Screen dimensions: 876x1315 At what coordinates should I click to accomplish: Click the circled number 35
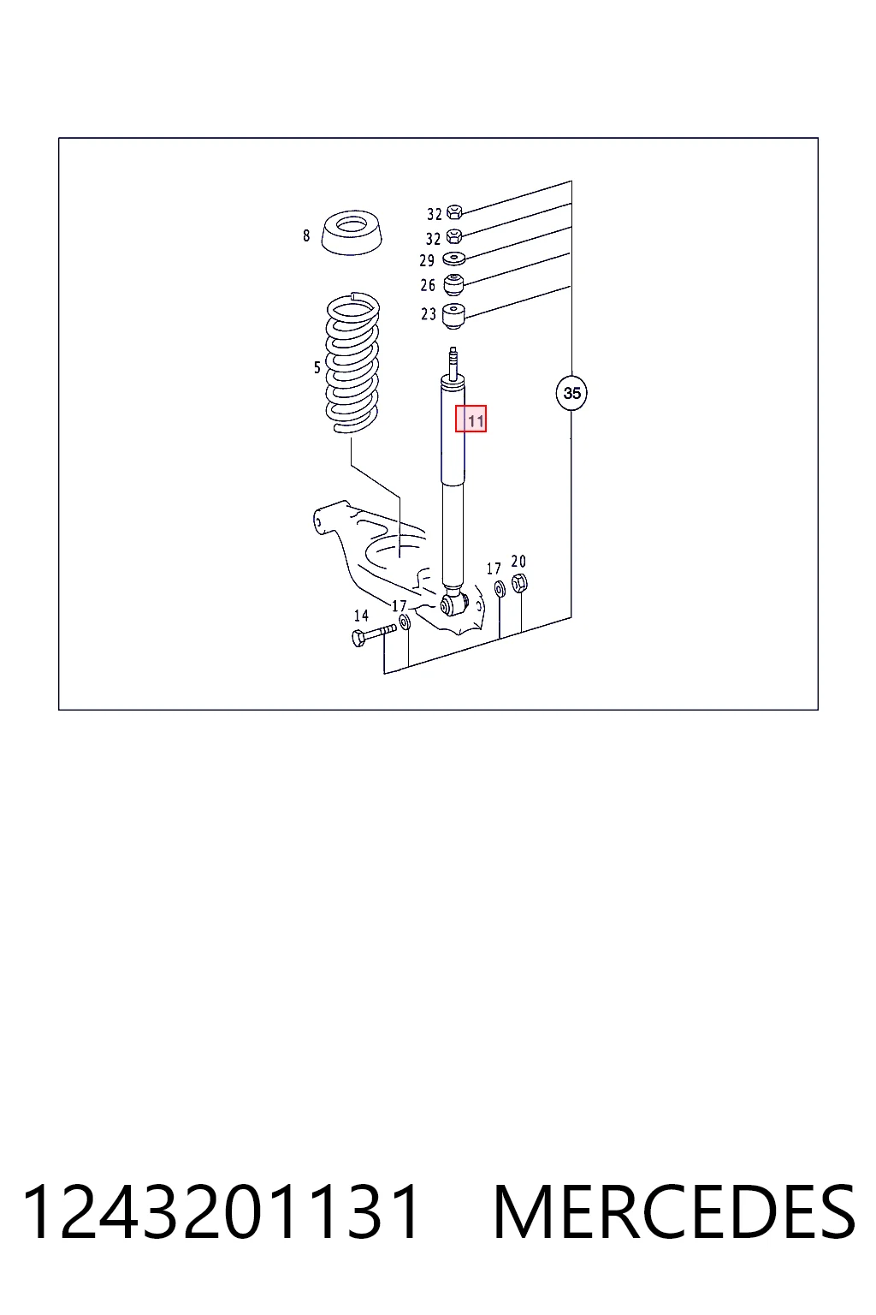571,393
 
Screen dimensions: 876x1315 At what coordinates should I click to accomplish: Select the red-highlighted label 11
471,419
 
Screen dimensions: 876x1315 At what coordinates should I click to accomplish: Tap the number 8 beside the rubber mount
306,236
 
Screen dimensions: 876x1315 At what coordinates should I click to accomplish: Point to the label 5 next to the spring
317,368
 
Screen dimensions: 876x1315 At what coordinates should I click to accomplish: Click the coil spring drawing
352,363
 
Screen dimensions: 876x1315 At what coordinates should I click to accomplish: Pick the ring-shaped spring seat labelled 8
352,233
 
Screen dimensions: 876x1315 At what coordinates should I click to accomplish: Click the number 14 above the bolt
361,616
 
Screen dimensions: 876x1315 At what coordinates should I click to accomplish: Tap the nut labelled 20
519,584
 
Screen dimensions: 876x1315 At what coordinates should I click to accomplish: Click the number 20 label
518,562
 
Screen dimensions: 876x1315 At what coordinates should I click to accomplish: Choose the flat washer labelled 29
453,258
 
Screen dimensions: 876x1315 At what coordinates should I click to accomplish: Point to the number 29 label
427,260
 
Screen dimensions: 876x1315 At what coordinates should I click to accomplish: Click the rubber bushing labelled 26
453,285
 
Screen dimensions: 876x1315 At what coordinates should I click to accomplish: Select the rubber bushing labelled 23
453,317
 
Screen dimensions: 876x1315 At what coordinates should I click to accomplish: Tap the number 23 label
429,314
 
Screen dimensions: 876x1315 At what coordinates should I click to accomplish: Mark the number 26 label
429,285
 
